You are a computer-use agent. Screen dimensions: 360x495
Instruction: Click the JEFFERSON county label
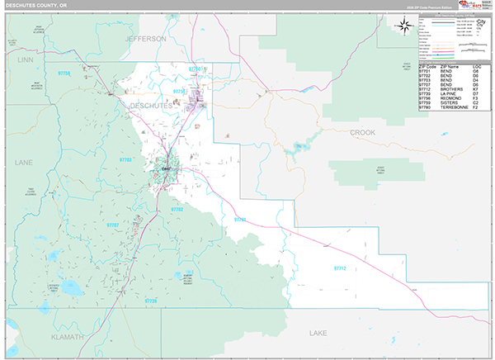coord(146,39)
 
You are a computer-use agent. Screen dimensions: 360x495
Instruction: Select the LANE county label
coord(23,163)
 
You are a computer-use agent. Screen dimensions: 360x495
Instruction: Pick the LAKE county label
coord(318,334)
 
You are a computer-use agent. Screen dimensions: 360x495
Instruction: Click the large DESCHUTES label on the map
coord(151,106)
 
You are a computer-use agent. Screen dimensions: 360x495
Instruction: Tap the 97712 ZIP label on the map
coord(341,268)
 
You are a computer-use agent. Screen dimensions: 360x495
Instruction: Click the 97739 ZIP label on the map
coord(150,301)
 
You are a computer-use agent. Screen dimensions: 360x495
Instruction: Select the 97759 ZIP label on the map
coord(66,73)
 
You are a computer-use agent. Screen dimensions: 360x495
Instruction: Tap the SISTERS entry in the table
coord(449,102)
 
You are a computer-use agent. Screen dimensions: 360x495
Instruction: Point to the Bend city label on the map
coord(166,169)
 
